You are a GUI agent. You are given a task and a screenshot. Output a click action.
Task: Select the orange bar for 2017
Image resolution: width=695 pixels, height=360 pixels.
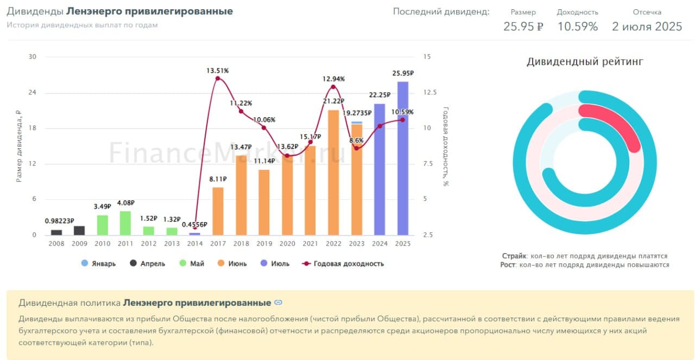pyautogui.click(x=218, y=211)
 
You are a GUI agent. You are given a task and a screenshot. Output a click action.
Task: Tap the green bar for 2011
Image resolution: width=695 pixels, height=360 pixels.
pyautogui.click(x=125, y=223)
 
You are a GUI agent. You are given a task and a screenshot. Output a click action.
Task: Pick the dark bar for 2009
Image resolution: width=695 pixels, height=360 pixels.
pyautogui.click(x=79, y=230)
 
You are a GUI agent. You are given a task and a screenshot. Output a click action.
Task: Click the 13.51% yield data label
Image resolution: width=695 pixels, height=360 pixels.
pyautogui.click(x=217, y=71)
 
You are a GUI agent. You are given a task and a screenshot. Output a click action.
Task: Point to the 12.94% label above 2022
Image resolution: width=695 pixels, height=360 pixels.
pyautogui.click(x=333, y=79)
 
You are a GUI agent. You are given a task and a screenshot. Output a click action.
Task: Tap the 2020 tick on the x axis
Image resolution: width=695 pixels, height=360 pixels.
pyautogui.click(x=287, y=244)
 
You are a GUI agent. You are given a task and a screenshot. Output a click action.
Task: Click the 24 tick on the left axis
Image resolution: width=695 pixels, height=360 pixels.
pyautogui.click(x=32, y=93)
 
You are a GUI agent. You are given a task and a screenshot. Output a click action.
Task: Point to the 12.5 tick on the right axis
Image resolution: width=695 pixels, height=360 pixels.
pyautogui.click(x=430, y=93)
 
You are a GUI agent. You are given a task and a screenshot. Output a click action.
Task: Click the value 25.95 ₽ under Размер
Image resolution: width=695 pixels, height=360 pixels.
pyautogui.click(x=523, y=26)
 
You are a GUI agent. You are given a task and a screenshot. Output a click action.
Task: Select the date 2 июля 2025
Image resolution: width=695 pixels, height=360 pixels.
pyautogui.click(x=647, y=26)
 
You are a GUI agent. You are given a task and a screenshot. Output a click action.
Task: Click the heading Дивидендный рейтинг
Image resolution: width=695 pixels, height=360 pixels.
pyautogui.click(x=585, y=62)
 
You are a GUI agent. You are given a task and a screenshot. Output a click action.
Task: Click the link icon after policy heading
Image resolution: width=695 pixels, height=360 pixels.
pyautogui.click(x=278, y=302)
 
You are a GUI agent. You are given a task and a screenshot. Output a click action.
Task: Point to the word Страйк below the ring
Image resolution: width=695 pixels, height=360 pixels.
pyautogui.click(x=513, y=256)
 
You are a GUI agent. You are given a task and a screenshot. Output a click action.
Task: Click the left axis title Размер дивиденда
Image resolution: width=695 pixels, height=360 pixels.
pyautogui.click(x=19, y=146)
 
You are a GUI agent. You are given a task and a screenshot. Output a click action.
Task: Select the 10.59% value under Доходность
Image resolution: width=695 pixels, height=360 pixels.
pyautogui.click(x=577, y=26)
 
